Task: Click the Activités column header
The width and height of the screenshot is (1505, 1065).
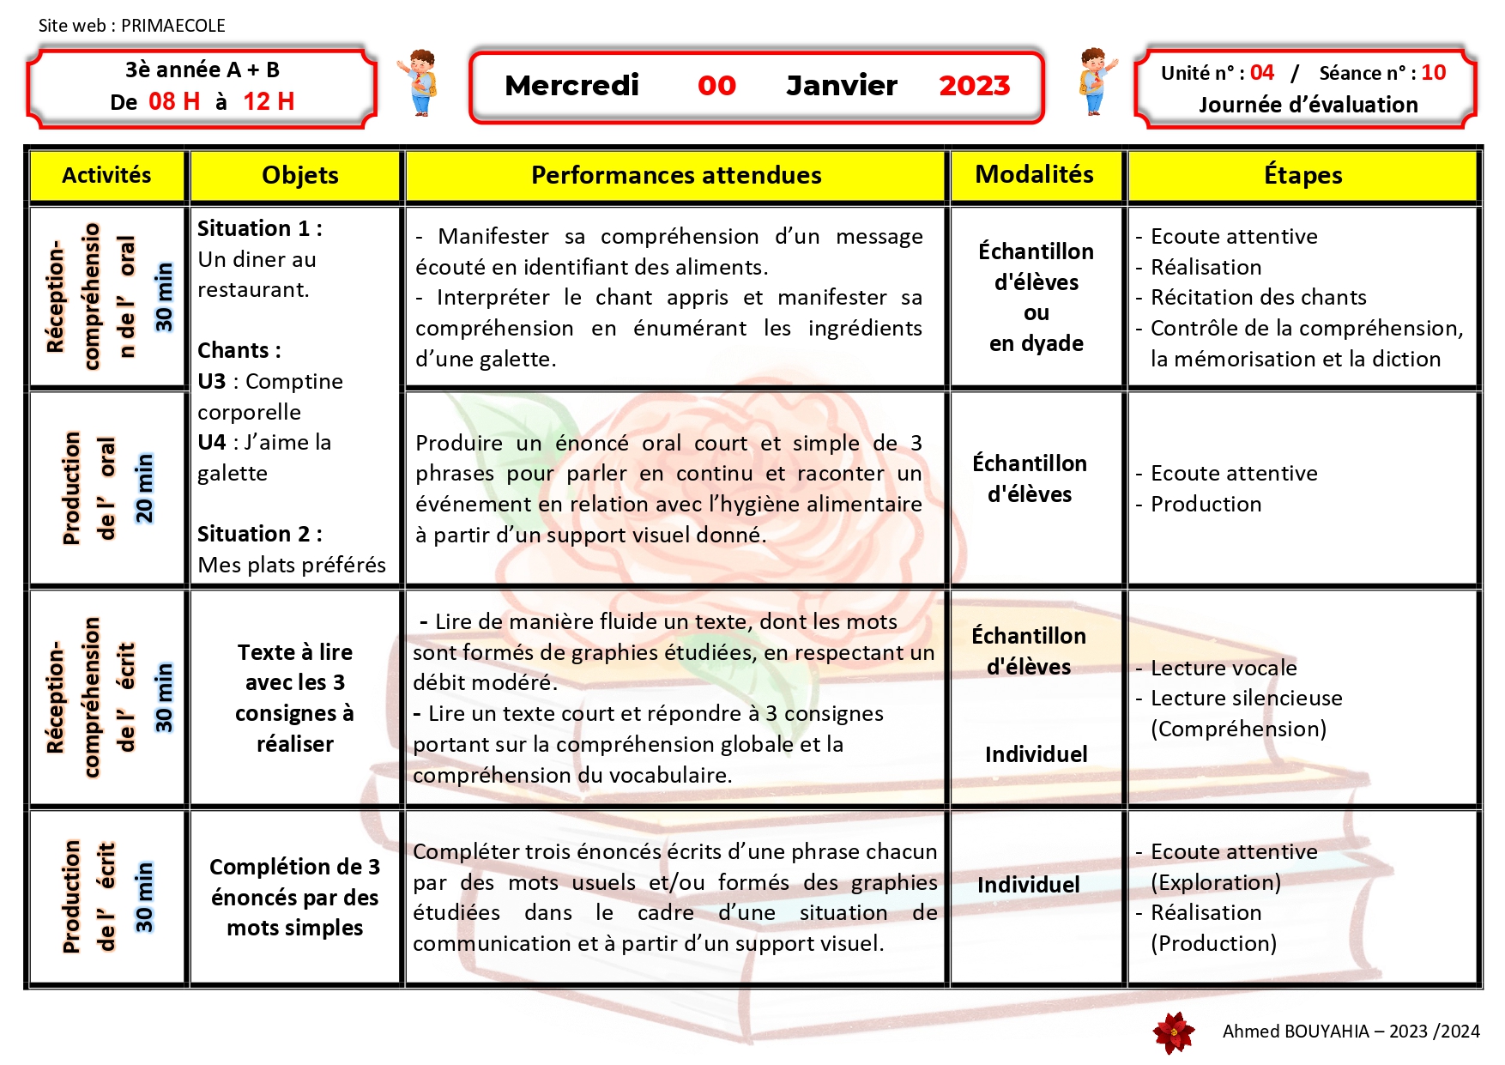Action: click(x=106, y=175)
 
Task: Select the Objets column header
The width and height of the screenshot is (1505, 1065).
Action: click(x=299, y=175)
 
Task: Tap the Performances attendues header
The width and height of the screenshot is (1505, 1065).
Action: click(x=676, y=175)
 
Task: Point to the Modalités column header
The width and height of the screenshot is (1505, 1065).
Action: click(x=1034, y=174)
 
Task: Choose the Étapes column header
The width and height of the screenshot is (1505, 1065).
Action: click(x=1303, y=175)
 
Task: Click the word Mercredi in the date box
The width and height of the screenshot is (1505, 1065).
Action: click(x=571, y=86)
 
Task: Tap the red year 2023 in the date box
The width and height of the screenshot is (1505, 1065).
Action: click(x=974, y=86)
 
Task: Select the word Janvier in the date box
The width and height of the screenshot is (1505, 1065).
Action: click(x=841, y=86)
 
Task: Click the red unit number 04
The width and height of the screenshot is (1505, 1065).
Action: click(x=1261, y=73)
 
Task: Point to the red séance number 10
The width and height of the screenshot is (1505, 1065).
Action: click(x=1433, y=73)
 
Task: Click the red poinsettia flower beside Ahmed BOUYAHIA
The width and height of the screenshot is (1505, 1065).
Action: click(x=1174, y=1032)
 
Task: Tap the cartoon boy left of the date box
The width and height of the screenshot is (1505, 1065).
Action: click(x=419, y=82)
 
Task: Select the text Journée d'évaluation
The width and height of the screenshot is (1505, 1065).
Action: click(x=1308, y=105)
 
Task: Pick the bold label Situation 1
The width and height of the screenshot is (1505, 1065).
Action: click(x=259, y=228)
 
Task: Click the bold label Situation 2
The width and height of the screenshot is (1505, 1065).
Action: click(x=259, y=534)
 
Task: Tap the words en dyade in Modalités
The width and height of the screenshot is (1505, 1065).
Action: click(x=1036, y=343)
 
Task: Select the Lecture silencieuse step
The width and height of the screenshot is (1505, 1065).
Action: click(x=1246, y=698)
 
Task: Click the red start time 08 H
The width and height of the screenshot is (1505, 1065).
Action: click(x=174, y=101)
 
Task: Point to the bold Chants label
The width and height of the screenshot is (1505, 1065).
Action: click(x=239, y=350)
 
